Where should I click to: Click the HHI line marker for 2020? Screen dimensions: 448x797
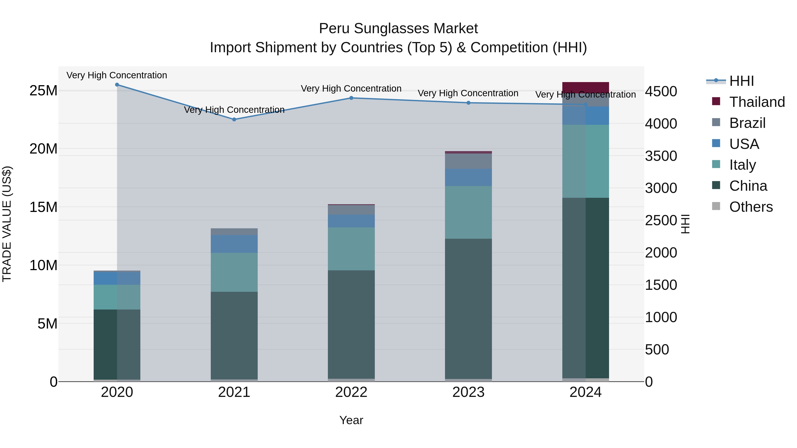[117, 85]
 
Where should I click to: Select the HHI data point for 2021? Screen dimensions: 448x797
[234, 119]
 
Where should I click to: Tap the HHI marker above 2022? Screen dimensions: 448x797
[351, 98]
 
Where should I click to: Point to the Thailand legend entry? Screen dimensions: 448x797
[757, 102]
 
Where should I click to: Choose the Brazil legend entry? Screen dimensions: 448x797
[747, 123]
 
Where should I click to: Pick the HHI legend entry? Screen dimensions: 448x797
[741, 81]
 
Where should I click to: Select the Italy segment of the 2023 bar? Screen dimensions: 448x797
[468, 212]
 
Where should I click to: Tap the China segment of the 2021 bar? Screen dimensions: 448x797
[234, 335]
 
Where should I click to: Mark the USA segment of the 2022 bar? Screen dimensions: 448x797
[351, 221]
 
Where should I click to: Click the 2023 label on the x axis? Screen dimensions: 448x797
[468, 392]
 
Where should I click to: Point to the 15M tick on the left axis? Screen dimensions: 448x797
[43, 207]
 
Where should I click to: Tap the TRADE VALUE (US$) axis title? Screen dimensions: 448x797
[7, 224]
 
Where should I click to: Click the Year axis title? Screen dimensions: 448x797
[351, 420]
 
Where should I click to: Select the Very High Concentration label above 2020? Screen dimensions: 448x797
[117, 75]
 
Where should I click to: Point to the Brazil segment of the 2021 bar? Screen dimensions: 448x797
[234, 232]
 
